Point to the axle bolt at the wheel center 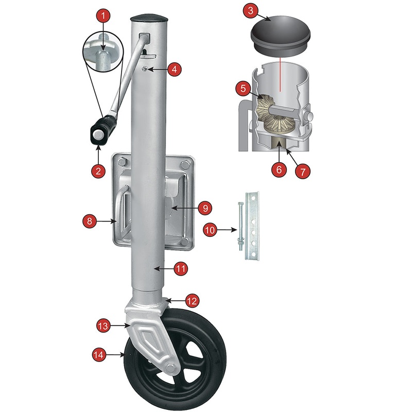tap(169, 368)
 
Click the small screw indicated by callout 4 tap(145, 70)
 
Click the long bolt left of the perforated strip tap(239, 227)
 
